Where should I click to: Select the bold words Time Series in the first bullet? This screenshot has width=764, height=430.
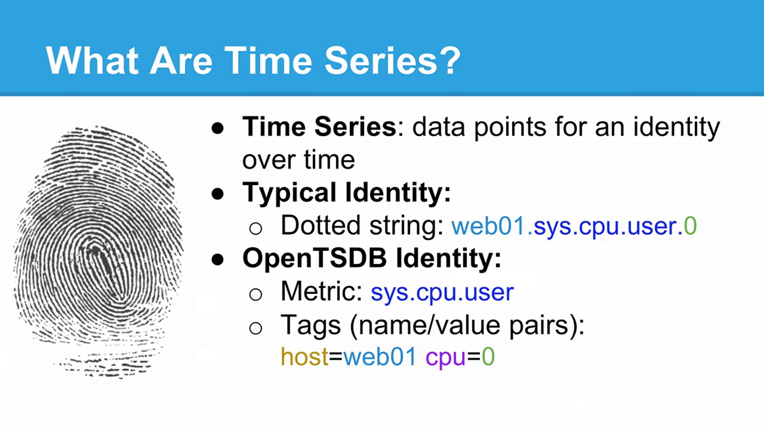tap(319, 127)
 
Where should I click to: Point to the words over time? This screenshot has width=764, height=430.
tap(298, 160)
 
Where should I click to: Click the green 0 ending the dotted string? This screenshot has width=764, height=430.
tap(690, 226)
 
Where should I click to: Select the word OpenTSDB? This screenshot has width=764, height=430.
tap(315, 258)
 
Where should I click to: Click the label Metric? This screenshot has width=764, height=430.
tap(322, 291)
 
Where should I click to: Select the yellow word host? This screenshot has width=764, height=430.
tap(304, 356)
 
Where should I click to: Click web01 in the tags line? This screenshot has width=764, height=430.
tap(379, 356)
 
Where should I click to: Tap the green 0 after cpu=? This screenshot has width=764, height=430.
tap(488, 356)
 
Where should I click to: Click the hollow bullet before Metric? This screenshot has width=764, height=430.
tap(256, 294)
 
